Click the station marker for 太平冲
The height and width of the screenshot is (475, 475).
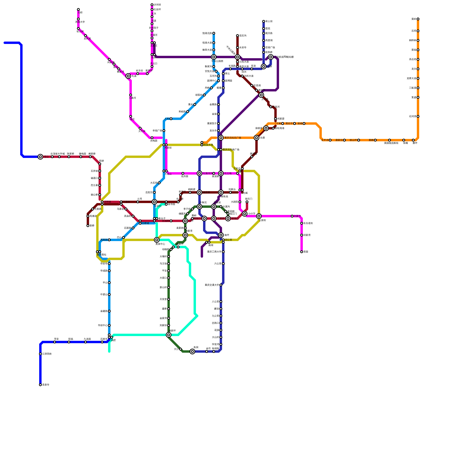[x=330, y=140]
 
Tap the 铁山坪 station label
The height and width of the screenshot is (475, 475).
[x=353, y=140]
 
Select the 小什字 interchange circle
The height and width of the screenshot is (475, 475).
[x=245, y=214]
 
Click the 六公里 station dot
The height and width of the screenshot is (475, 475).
[x=223, y=264]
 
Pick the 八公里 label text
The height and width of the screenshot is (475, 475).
[x=215, y=302]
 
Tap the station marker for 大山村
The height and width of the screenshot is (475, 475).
[x=221, y=337]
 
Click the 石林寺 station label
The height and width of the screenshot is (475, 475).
[x=104, y=339]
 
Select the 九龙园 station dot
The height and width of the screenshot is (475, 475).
[x=85, y=342]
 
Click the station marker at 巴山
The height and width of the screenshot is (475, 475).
[x=123, y=237]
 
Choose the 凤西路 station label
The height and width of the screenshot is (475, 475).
[x=104, y=240]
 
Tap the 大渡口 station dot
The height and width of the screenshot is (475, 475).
[x=169, y=278]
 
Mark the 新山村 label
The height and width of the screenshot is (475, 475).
[x=163, y=287]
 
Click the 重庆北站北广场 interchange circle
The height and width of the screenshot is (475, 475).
[x=221, y=138]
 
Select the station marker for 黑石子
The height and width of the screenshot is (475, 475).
[x=294, y=123]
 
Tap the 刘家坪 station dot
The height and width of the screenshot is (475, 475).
[x=169, y=325]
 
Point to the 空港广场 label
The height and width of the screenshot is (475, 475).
[x=270, y=47]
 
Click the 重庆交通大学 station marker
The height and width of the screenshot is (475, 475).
[x=221, y=285]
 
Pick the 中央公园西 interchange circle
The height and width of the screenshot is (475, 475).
[x=214, y=57]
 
